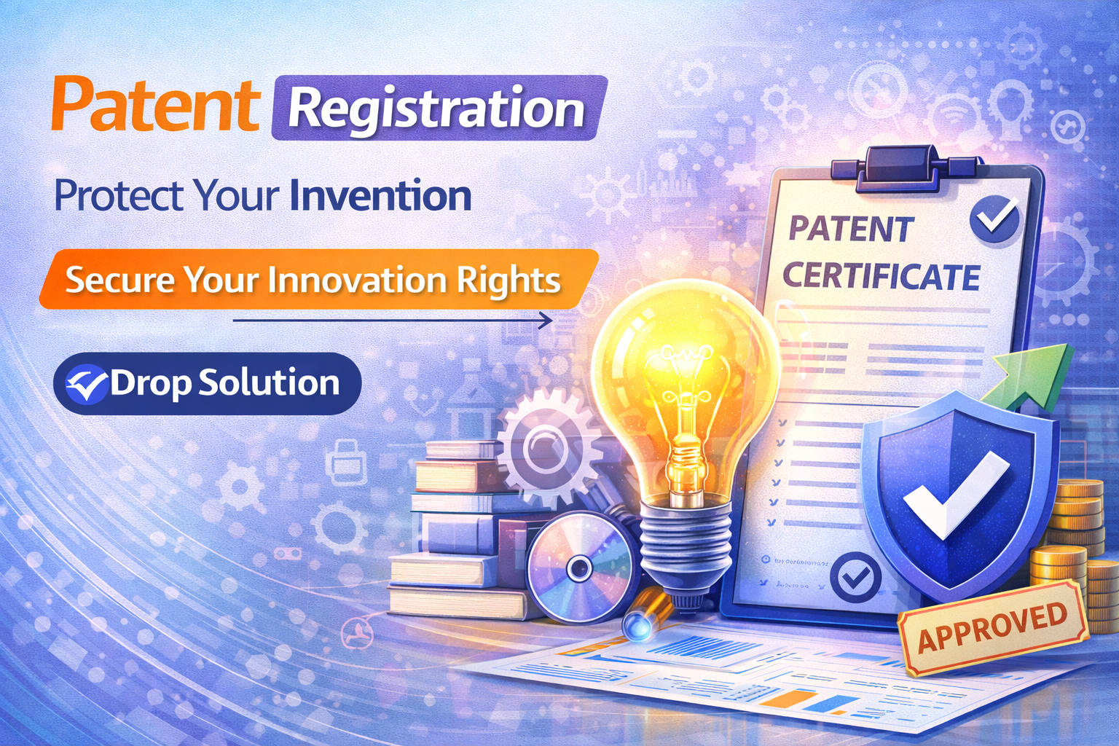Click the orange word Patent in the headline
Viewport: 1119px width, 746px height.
154,106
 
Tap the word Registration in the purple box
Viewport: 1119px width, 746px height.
436,109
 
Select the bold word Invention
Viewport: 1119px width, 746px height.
380,196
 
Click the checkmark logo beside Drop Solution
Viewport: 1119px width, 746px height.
86,384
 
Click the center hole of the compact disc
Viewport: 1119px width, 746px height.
579,568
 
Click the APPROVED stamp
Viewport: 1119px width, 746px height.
992,626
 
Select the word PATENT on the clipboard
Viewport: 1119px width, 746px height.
850,229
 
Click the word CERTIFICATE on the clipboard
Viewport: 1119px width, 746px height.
881,277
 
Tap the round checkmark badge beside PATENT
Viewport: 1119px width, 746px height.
994,218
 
